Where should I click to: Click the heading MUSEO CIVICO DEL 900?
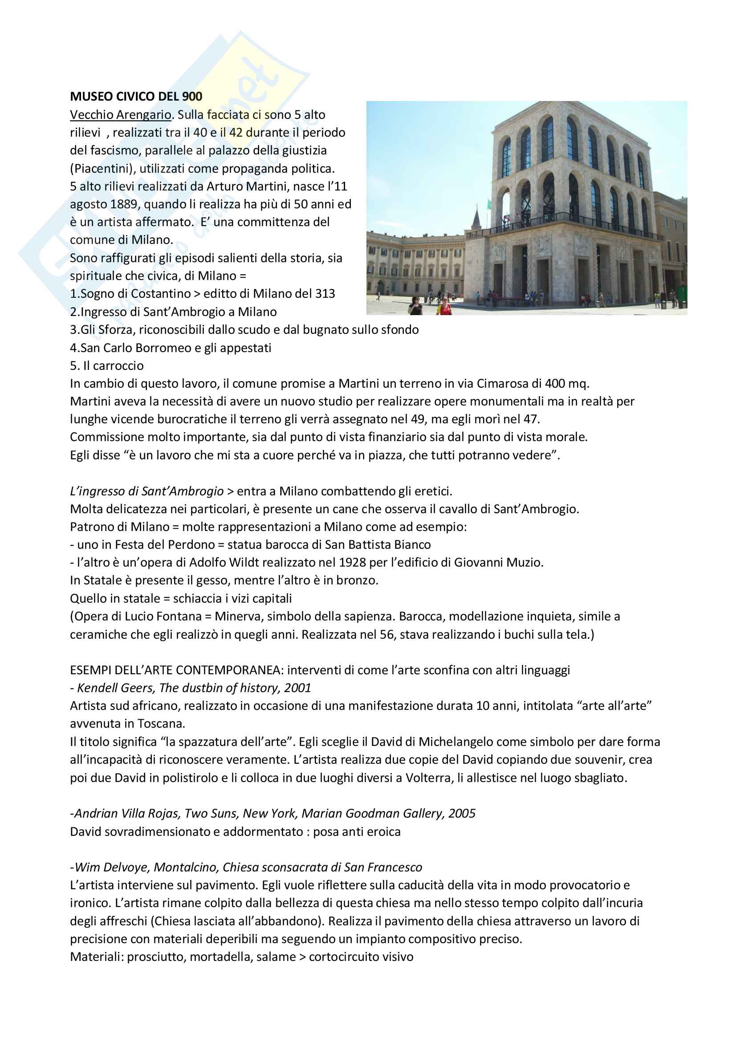pyautogui.click(x=136, y=96)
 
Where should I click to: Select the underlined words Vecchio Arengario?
pyautogui.click(x=120, y=115)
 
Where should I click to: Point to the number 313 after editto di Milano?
pyautogui.click(x=325, y=294)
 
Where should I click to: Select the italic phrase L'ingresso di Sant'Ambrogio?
pyautogui.click(x=146, y=491)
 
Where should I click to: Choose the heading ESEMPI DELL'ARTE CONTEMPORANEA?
pyautogui.click(x=176, y=670)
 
